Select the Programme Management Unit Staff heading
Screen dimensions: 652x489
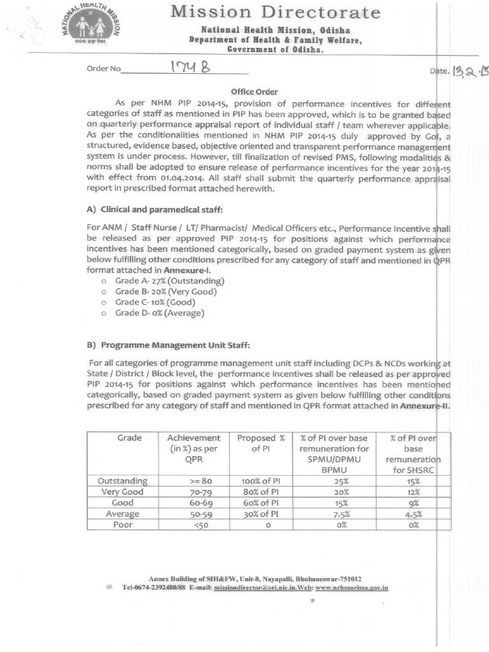[168, 345]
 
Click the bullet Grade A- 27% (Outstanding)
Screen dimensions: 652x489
[169, 281]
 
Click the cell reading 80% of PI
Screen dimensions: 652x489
[260, 492]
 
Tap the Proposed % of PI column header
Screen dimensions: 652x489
[260, 444]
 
